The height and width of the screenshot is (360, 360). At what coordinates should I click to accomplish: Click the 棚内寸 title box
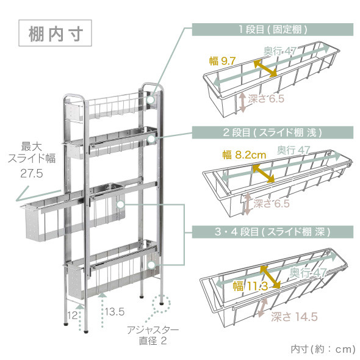tap(55, 33)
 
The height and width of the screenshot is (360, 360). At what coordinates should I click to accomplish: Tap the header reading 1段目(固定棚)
tap(273, 29)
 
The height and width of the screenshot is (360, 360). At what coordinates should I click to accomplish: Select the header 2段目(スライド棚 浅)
tap(273, 132)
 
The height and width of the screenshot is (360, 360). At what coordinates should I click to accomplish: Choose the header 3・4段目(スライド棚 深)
tap(273, 232)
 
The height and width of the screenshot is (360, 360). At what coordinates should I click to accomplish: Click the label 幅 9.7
tap(222, 61)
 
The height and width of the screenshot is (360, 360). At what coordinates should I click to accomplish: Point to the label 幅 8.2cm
tap(244, 155)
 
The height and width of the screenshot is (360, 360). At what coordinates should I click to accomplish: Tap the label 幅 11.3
tap(250, 286)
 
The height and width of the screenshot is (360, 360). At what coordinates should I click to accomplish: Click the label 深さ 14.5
tap(294, 317)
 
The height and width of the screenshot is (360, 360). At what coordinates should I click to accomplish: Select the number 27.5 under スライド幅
tap(32, 173)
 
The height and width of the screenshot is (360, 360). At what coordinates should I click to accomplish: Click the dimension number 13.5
tap(115, 312)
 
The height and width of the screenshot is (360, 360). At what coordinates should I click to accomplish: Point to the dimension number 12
tap(73, 315)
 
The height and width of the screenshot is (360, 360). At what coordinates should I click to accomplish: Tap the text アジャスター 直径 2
tap(153, 336)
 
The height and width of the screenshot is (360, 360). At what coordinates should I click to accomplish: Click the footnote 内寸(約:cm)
tap(323, 350)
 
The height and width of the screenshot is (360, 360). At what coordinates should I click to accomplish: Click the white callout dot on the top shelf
tap(151, 100)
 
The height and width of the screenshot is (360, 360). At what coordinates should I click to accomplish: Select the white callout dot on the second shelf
tap(151, 139)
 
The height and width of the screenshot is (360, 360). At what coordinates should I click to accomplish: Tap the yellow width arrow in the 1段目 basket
tap(265, 68)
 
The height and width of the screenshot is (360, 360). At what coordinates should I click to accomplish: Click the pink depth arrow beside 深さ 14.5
tap(262, 308)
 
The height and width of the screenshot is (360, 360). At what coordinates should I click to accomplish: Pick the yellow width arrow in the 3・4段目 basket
tap(270, 277)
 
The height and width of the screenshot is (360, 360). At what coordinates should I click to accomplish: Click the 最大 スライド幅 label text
tap(32, 152)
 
